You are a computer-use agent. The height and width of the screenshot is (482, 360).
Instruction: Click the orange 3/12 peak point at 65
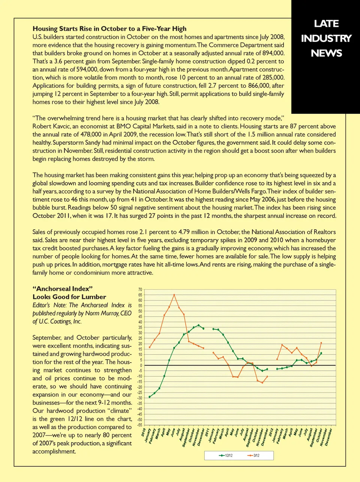coord(174,295)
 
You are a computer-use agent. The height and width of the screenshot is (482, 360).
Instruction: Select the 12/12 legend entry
coord(226,455)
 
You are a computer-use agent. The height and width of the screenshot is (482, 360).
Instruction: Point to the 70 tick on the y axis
coord(140,290)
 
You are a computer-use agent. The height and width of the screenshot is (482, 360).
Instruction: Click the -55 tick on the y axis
coord(140,425)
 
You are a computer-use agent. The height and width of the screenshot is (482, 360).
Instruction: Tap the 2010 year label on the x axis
coord(143,432)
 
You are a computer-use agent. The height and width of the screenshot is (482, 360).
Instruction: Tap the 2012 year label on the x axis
coord(271,432)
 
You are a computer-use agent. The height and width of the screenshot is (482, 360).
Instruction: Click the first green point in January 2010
coord(150,397)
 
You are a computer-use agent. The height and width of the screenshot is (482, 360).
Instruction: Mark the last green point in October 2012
coord(321,353)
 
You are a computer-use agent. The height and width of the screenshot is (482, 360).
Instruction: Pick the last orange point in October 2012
coord(321,343)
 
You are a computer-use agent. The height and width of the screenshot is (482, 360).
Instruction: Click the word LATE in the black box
coord(326,24)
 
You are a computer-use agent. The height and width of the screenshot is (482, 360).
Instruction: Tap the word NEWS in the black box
coord(326,53)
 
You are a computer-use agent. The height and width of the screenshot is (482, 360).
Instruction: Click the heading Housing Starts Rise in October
coord(109,29)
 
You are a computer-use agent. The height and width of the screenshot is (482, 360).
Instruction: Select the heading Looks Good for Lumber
coord(69,297)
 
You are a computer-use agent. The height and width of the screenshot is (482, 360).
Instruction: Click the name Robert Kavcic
coord(51,126)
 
